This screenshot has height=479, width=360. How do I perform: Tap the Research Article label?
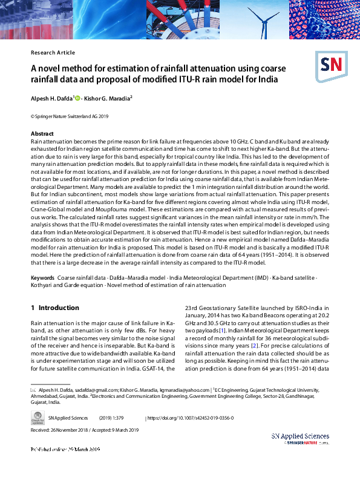(53, 53)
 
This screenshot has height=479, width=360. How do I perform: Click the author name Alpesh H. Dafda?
(51, 97)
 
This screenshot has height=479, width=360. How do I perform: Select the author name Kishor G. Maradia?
(107, 97)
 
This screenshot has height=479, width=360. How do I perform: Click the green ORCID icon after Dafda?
(77, 97)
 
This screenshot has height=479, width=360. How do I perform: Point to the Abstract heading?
(42, 133)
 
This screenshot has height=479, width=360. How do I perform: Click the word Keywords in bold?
(42, 277)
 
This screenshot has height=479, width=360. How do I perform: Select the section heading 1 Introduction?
(54, 308)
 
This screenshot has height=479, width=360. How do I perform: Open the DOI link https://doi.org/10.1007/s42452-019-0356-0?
(191, 418)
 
